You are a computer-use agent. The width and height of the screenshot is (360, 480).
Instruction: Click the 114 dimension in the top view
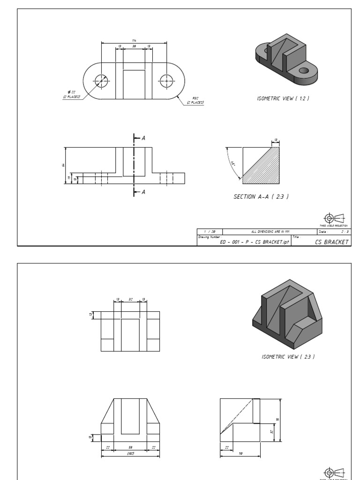(134, 40)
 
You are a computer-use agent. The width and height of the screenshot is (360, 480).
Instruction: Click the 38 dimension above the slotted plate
(134, 46)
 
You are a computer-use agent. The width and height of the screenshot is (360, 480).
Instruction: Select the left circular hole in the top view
(101, 81)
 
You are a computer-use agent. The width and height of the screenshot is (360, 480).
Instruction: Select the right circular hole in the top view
(166, 81)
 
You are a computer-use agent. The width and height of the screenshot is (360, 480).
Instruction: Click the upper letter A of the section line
(143, 138)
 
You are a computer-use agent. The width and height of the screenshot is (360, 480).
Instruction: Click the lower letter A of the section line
(143, 192)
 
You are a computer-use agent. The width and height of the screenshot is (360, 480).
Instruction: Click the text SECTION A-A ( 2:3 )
(261, 197)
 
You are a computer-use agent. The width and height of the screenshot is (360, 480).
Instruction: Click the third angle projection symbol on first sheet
(335, 218)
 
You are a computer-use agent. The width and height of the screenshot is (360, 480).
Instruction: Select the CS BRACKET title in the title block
(332, 242)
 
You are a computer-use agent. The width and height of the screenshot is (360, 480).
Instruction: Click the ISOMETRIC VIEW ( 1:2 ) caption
(283, 98)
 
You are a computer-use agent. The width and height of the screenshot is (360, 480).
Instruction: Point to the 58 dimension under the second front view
(130, 448)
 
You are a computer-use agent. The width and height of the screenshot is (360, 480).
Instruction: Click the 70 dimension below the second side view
(240, 453)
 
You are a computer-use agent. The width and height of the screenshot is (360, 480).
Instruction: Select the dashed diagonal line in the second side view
(237, 417)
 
